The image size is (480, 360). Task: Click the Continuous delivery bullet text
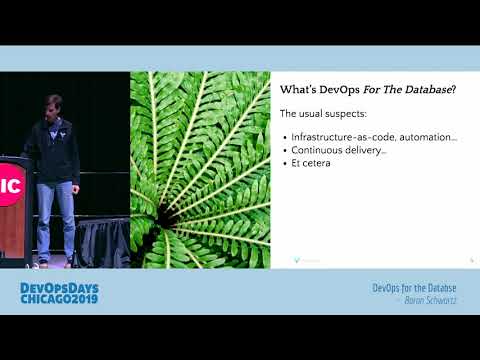pyautogui.click(x=338, y=151)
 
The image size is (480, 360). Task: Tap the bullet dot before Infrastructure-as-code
pyautogui.click(x=285, y=137)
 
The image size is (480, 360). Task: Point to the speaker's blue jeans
pyautogui.click(x=56, y=215)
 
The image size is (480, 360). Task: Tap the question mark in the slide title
pyautogui.click(x=455, y=89)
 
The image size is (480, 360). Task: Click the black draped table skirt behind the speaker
pyautogui.click(x=104, y=240)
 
